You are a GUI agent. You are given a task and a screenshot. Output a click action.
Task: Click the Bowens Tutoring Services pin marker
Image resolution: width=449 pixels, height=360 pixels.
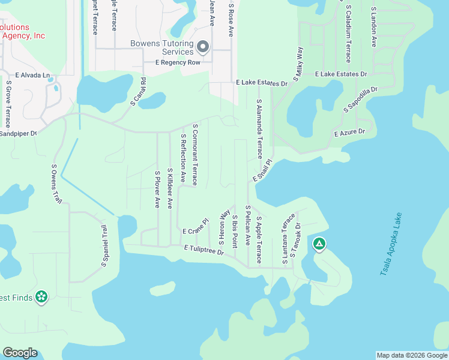coord(203,46)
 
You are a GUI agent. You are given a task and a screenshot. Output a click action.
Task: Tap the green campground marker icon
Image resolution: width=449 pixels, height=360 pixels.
coord(320,244)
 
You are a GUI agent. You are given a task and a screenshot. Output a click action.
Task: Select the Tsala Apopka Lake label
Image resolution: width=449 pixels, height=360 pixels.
coord(393,244)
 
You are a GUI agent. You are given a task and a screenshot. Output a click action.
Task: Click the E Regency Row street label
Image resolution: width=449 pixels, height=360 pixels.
coord(178,62)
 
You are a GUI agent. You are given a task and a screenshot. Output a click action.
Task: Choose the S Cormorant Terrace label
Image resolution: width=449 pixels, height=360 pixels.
coord(194,154)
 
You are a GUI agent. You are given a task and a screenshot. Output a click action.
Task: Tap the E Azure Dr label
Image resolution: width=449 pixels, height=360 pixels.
coord(349,132)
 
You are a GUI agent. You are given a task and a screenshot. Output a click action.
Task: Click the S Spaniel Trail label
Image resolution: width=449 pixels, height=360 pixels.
coord(104,245)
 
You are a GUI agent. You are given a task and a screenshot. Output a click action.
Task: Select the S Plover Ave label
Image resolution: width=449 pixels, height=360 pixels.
coord(157,189)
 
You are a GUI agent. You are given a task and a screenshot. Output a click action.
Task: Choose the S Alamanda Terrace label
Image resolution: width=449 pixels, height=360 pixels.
coord(259,129)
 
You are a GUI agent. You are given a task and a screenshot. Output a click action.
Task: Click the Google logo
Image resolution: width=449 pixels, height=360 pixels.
coord(20,353)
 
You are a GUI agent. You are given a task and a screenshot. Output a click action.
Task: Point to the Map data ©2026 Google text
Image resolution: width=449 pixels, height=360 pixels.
coord(412,355)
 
